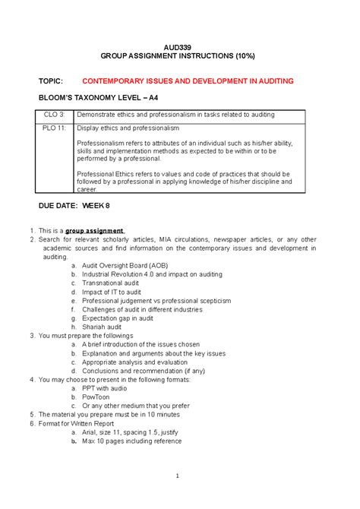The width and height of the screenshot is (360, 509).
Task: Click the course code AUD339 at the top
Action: pyautogui.click(x=181, y=48)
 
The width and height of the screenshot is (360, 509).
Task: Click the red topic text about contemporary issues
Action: pyautogui.click(x=188, y=81)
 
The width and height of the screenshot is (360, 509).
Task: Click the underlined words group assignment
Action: pyautogui.click(x=94, y=230)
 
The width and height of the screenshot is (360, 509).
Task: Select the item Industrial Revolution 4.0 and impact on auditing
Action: pyautogui.click(x=152, y=274)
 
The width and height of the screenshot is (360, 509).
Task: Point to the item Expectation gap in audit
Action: pyautogui.click(x=117, y=318)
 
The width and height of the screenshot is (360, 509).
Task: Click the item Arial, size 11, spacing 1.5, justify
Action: pyautogui.click(x=138, y=432)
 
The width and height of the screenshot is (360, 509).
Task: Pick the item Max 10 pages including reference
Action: pyautogui.click(x=132, y=441)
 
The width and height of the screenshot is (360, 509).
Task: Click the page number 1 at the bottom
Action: pyautogui.click(x=175, y=477)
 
